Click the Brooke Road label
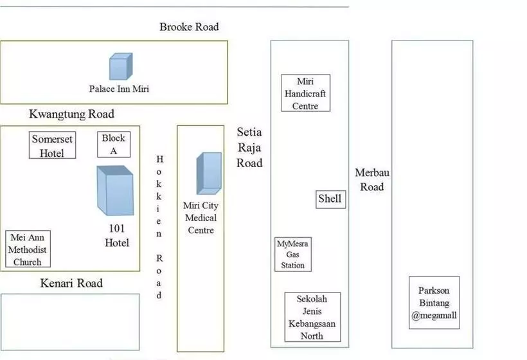click(189, 27)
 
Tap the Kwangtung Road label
click(71, 114)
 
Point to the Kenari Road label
click(71, 283)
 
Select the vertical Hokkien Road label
click(160, 227)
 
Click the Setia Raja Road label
click(249, 147)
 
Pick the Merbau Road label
click(372, 179)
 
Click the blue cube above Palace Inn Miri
click(120, 66)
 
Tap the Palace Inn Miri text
click(119, 89)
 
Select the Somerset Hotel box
click(53, 145)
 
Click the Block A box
click(114, 144)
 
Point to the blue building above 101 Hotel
click(115, 190)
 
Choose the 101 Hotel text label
click(117, 235)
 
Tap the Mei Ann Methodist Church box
click(28, 249)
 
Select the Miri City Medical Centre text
click(201, 219)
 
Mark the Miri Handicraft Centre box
click(306, 93)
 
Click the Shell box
click(330, 199)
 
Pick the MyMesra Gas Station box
click(293, 254)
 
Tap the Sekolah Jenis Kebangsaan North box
click(312, 317)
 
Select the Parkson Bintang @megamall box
click(434, 303)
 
